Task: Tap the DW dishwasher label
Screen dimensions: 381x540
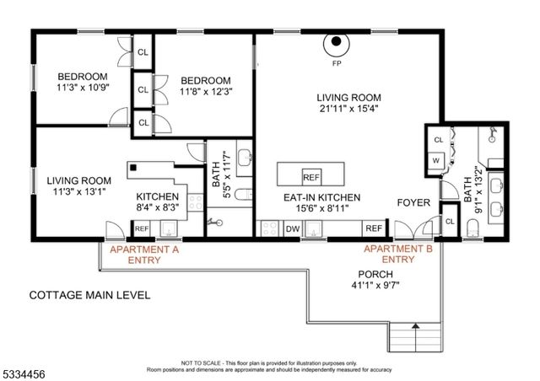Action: [x=293, y=228]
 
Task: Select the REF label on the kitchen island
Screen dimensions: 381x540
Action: [x=311, y=177]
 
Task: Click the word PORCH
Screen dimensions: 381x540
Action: [x=375, y=274]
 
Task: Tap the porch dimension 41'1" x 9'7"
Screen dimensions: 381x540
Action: [x=375, y=287]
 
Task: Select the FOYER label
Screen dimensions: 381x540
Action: [x=414, y=203]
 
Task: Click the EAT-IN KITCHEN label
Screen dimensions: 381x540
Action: [x=321, y=197]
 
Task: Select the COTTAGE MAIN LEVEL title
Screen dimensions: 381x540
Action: [x=89, y=295]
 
